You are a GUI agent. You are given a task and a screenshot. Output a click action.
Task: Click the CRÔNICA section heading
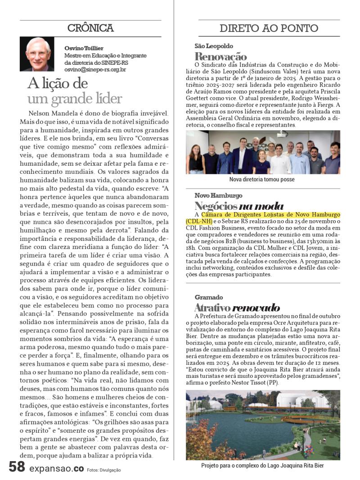point(90,28)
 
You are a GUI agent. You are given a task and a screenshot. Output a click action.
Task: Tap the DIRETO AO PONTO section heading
point(269,28)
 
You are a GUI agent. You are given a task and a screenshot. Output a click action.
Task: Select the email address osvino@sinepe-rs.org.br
point(95,70)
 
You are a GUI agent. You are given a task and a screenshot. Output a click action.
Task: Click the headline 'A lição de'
point(58,83)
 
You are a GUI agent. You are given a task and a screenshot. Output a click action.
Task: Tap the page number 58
point(17,467)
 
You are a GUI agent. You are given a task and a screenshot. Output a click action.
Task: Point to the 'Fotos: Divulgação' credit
point(104,470)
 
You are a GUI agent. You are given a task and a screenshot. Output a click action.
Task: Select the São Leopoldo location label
point(214,46)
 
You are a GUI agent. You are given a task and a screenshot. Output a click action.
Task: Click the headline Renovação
point(220,57)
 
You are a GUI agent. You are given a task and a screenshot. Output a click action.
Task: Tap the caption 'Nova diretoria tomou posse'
point(262,179)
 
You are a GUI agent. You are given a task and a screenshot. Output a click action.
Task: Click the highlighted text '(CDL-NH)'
point(198,221)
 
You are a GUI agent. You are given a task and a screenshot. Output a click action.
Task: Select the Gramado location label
point(209,298)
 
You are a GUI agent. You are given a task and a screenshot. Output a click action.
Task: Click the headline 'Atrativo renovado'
point(237,308)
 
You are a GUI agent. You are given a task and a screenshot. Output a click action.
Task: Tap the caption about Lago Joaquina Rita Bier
point(262,466)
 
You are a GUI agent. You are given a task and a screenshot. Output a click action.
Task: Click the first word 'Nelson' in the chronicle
point(38,113)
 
